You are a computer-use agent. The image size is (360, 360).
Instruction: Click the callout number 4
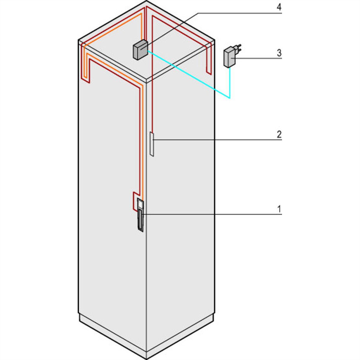pyautogui.click(x=279, y=7)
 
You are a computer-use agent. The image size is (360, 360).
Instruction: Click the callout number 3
pyautogui.click(x=279, y=53)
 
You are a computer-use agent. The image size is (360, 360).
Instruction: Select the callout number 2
pyautogui.click(x=279, y=134)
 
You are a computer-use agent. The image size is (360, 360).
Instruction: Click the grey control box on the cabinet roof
pyautogui.click(x=140, y=50)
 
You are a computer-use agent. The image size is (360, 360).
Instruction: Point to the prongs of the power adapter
pyautogui.click(x=239, y=48)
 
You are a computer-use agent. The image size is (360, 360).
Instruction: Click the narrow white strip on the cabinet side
pyautogui.click(x=152, y=144)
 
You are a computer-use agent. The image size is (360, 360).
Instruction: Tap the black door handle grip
pyautogui.click(x=140, y=220)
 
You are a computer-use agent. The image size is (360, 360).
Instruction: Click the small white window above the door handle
pyautogui.click(x=140, y=204)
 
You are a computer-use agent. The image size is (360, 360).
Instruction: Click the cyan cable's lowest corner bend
pyautogui.click(x=230, y=98)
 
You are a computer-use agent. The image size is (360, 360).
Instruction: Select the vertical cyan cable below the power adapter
pyautogui.click(x=230, y=83)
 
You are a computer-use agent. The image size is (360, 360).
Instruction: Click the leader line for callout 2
pyautogui.click(x=217, y=139)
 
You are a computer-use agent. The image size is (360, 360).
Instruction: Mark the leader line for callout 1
pyautogui.click(x=212, y=214)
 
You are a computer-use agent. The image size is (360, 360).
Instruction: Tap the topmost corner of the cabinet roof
pyautogui.click(x=146, y=1)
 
